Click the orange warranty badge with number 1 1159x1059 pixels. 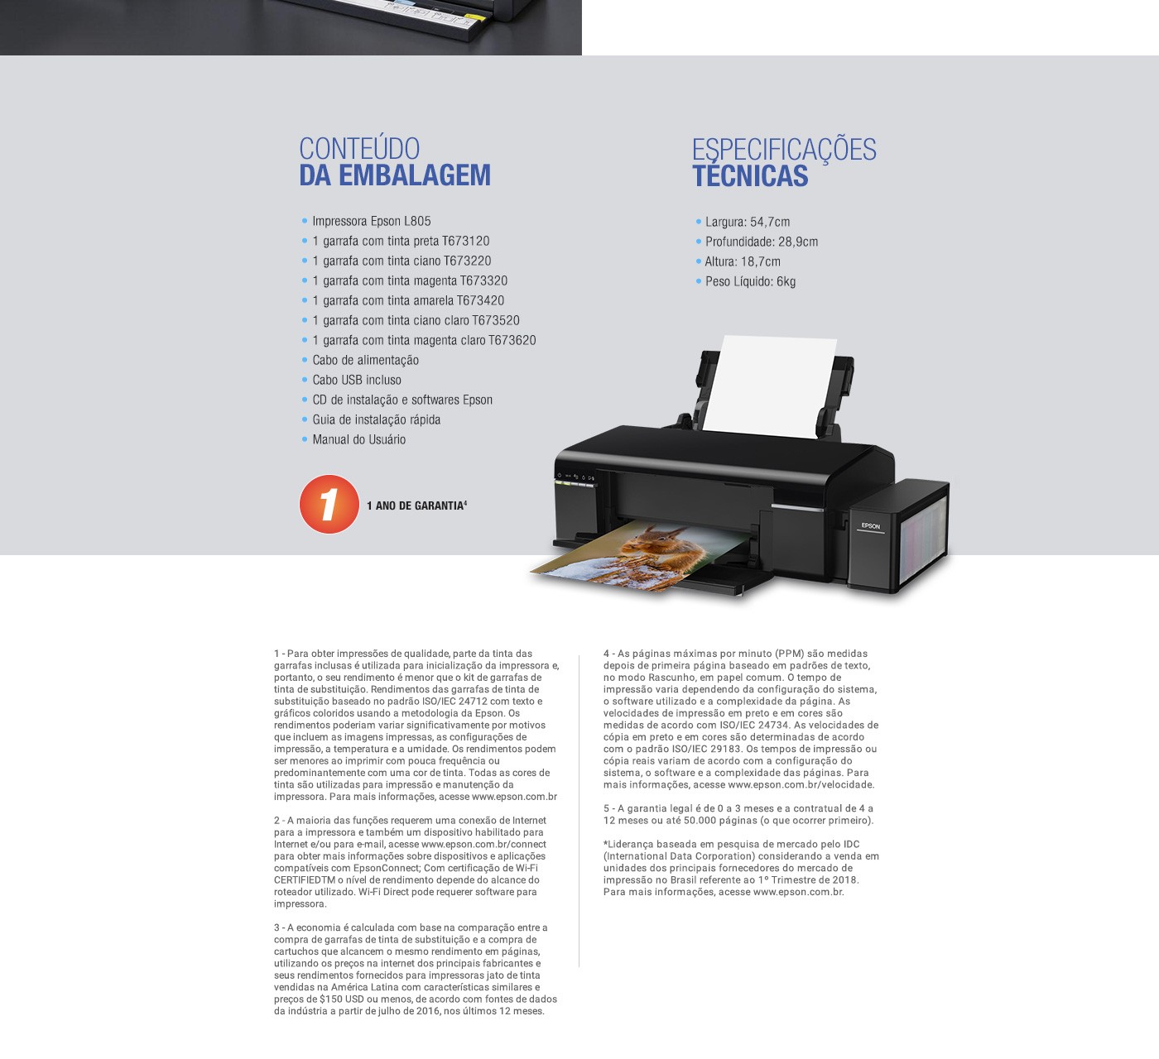[329, 504]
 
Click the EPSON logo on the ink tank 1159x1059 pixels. [870, 526]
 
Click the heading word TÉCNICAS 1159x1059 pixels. [750, 176]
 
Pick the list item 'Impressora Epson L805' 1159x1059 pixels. [371, 221]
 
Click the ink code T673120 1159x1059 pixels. [465, 241]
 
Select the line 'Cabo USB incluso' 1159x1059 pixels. [357, 380]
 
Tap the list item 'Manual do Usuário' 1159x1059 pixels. [359, 439]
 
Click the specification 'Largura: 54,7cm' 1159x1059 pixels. [748, 222]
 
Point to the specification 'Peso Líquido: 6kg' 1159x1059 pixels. [750, 281]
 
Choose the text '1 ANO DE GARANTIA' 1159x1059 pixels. [415, 506]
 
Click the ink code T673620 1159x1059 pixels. [512, 340]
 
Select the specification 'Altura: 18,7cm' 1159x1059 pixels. [743, 261]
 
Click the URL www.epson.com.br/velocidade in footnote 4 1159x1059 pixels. [801, 785]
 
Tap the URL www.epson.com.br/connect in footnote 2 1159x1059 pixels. [483, 845]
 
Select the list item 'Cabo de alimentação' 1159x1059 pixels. [365, 360]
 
